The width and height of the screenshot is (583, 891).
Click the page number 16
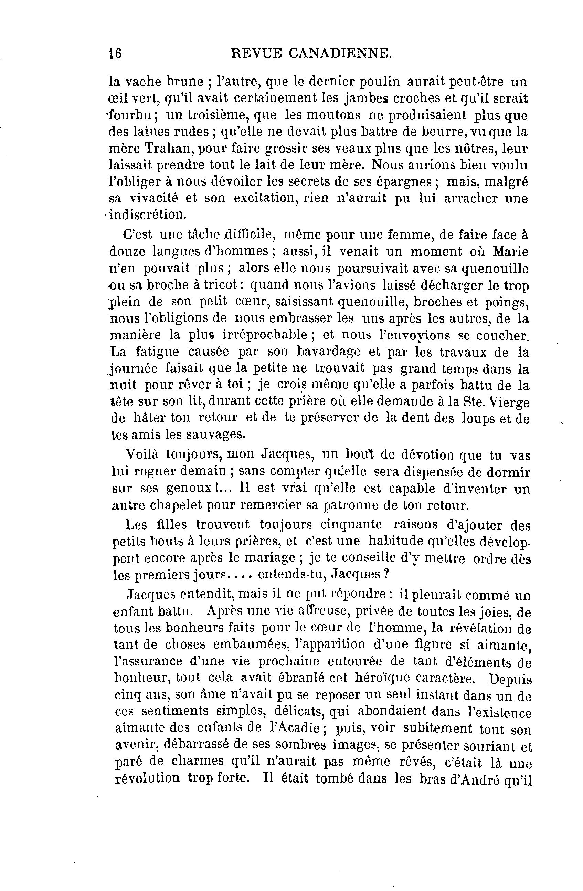click(115, 53)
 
